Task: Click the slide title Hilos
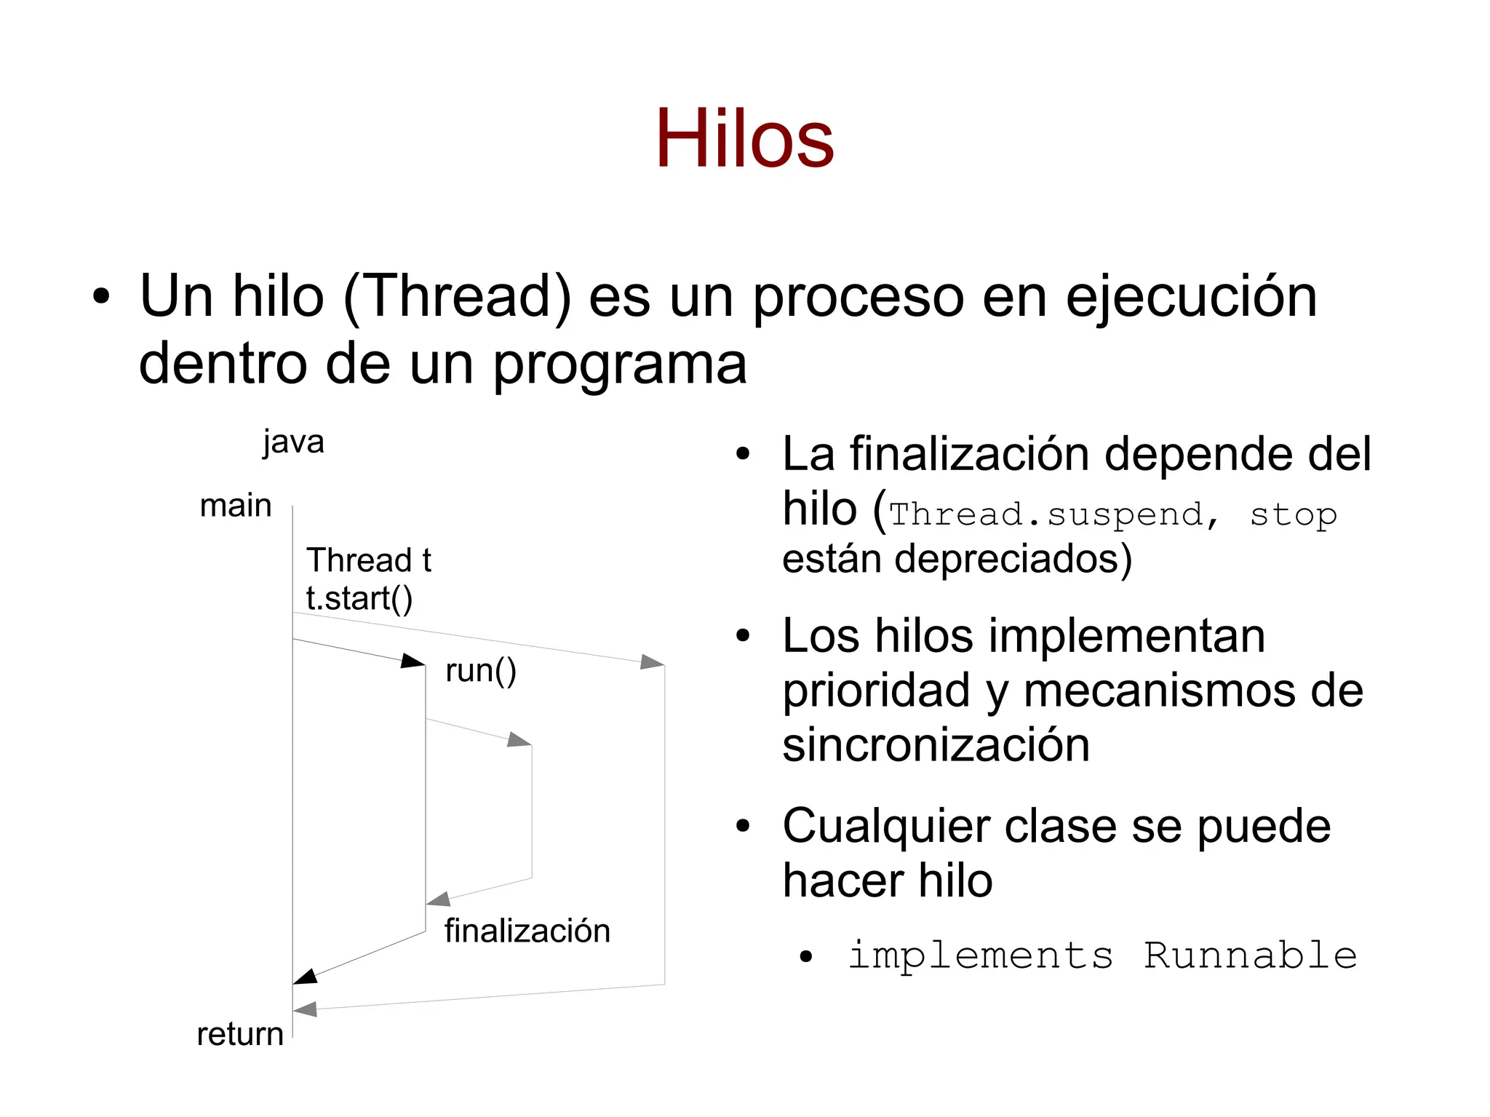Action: [x=744, y=138]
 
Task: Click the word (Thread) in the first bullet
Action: [x=457, y=297]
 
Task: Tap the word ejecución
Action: [x=1191, y=297]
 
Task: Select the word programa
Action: [x=620, y=364]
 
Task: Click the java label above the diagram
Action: [x=293, y=442]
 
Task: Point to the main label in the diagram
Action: [x=235, y=505]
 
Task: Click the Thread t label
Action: [x=369, y=560]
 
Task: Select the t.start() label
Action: [x=359, y=598]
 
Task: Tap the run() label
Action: [x=480, y=670]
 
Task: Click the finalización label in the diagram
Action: [x=527, y=931]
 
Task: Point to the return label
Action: [x=240, y=1034]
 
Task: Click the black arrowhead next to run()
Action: [x=413, y=660]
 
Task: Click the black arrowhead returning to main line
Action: [x=305, y=977]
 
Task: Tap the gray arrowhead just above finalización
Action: [x=438, y=899]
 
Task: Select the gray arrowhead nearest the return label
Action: [x=305, y=1009]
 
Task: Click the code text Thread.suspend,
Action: [x=1053, y=514]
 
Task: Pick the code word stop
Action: [x=1293, y=514]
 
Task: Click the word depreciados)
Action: [x=1013, y=559]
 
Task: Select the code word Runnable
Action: [x=1250, y=955]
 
